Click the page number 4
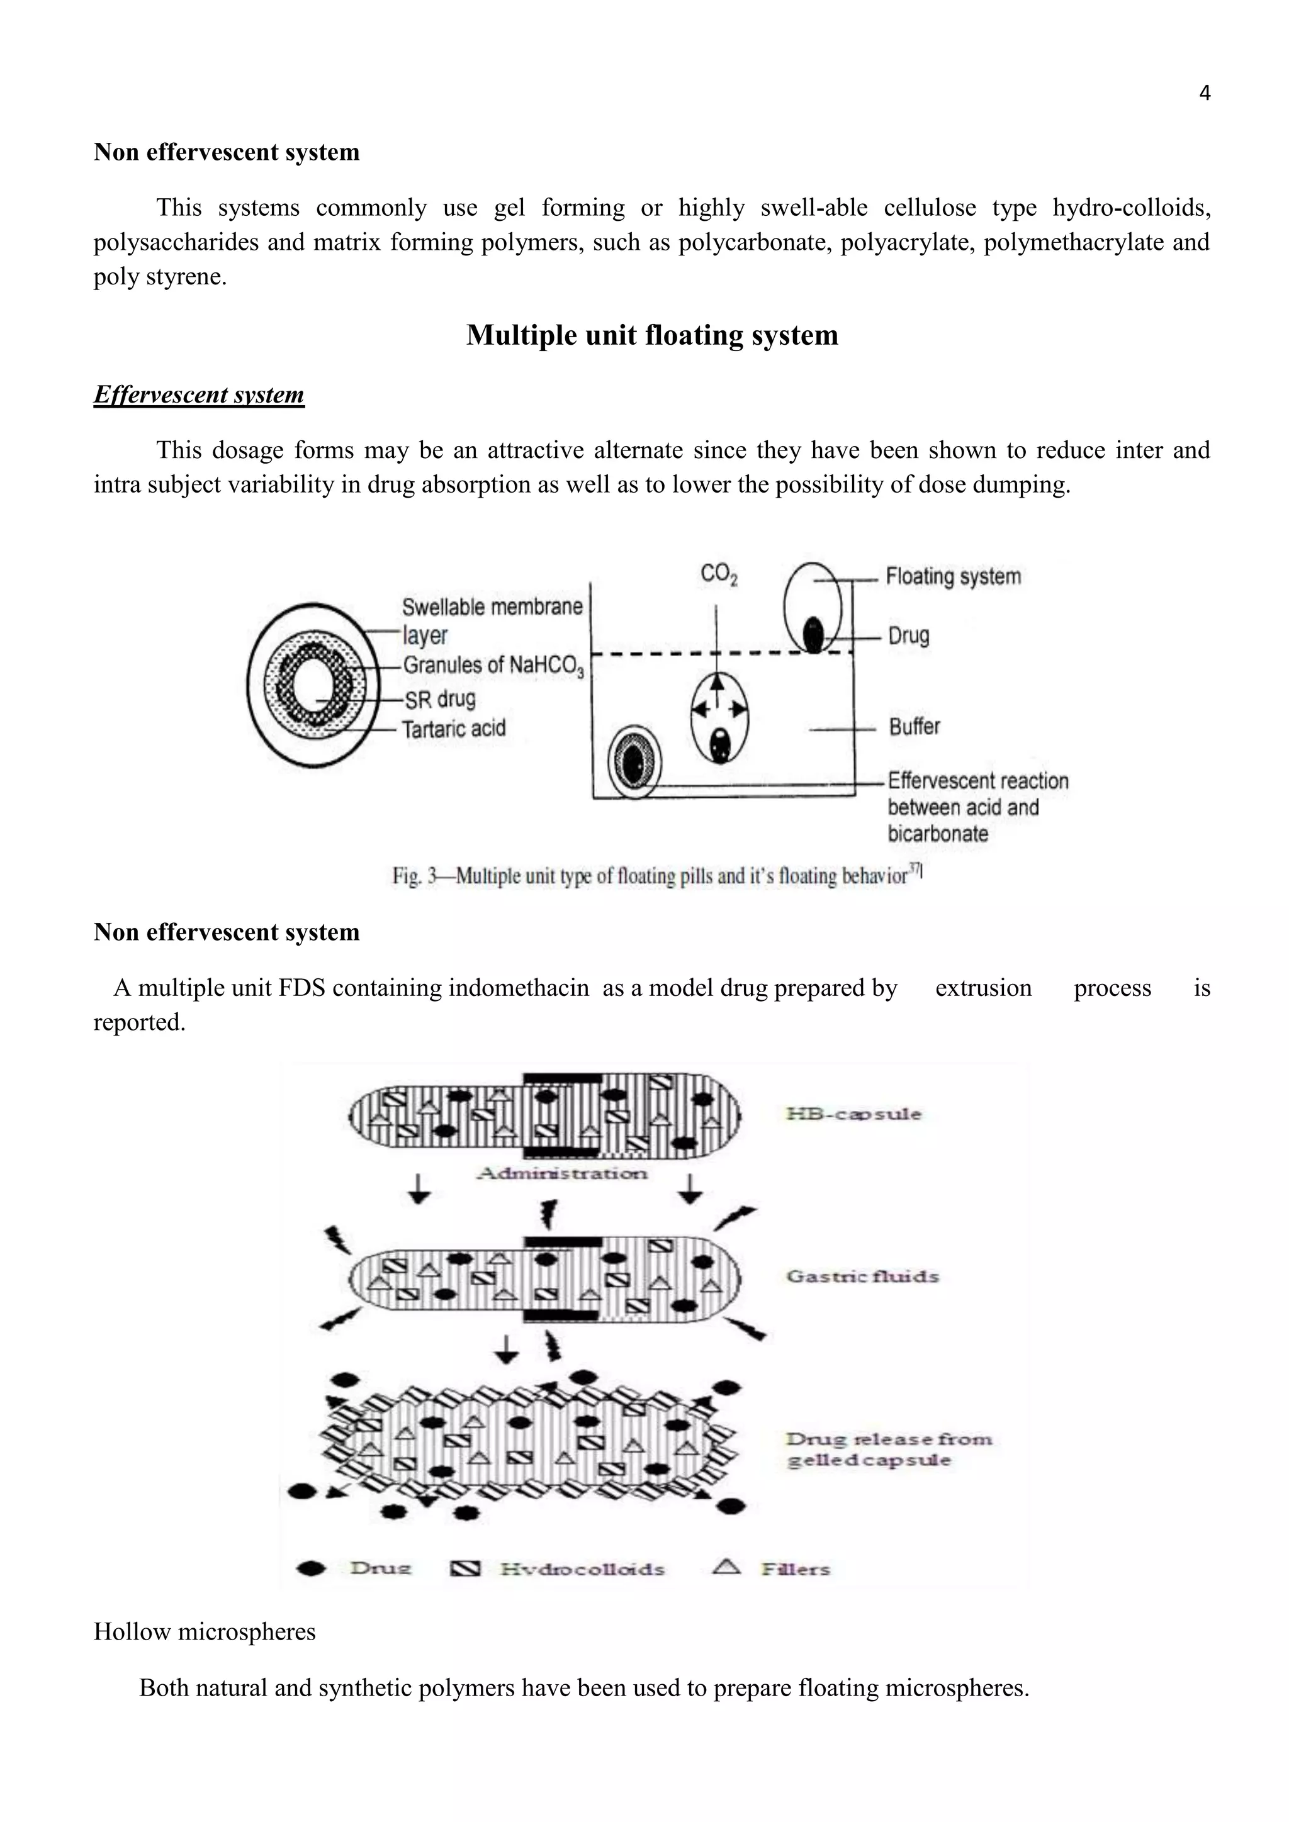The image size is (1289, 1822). point(1204,94)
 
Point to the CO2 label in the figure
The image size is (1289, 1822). point(718,574)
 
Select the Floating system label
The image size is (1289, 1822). point(952,576)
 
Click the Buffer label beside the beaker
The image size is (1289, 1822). point(915,726)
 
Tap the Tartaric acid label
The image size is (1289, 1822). point(453,729)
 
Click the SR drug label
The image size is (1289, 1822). point(440,699)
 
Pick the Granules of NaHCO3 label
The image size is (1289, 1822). point(493,665)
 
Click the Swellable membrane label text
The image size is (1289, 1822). point(492,607)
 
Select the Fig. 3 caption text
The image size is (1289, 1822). point(656,876)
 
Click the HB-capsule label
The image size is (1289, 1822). point(853,1114)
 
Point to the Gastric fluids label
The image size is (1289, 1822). point(862,1277)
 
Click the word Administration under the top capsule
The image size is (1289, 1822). point(562,1173)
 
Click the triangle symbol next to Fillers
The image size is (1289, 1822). point(726,1567)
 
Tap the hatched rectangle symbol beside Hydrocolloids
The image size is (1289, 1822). point(465,1569)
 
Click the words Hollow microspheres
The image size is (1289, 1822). point(205,1631)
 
